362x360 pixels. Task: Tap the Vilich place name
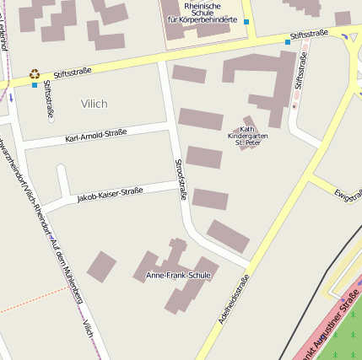pyautogui.click(x=94, y=103)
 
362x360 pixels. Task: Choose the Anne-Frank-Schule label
pyautogui.click(x=179, y=276)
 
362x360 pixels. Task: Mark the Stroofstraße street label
pyautogui.click(x=180, y=179)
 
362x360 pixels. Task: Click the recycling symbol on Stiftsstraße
pyautogui.click(x=35, y=74)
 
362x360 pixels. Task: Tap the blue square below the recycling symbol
pyautogui.click(x=35, y=84)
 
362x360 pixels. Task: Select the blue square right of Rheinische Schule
pyautogui.click(x=246, y=21)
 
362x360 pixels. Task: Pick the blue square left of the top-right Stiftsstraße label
pyautogui.click(x=287, y=41)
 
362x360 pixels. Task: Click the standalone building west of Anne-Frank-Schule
pyautogui.click(x=102, y=266)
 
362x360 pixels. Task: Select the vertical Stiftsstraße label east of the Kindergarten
pyautogui.click(x=298, y=72)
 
